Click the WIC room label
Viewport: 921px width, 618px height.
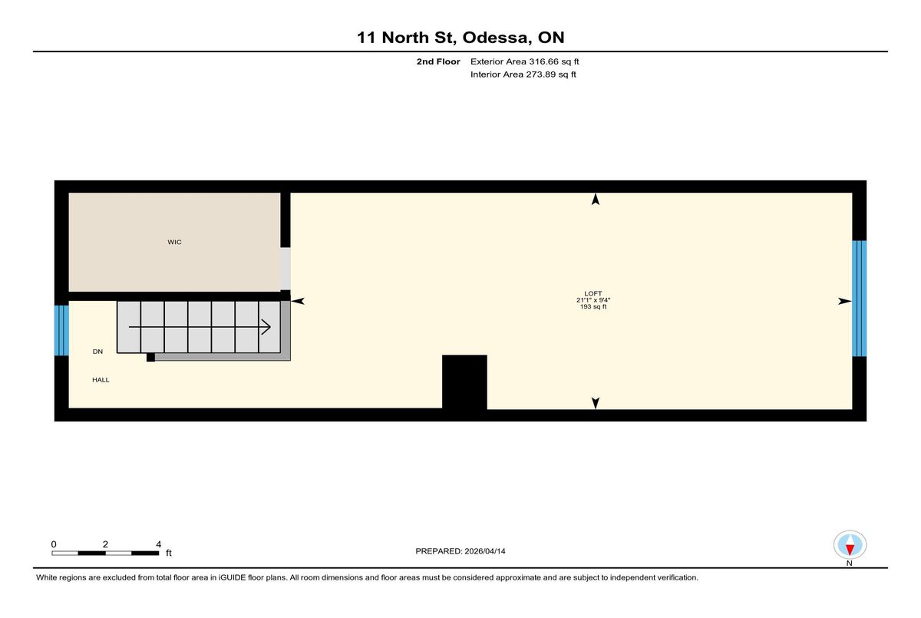pyautogui.click(x=174, y=242)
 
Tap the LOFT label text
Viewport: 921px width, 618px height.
pyautogui.click(x=593, y=293)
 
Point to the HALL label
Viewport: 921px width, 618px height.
pyautogui.click(x=101, y=380)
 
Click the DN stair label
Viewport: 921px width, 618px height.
pyautogui.click(x=97, y=352)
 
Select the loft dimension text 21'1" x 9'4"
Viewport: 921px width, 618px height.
pyautogui.click(x=593, y=300)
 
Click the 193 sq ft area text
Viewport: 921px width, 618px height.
pyautogui.click(x=593, y=307)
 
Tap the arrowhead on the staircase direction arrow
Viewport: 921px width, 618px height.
pyautogui.click(x=267, y=327)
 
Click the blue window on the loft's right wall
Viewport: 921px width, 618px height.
pyautogui.click(x=860, y=299)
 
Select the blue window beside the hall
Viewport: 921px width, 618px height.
pyautogui.click(x=61, y=331)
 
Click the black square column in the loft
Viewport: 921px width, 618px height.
pyautogui.click(x=464, y=382)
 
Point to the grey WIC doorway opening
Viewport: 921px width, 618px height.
pyautogui.click(x=286, y=269)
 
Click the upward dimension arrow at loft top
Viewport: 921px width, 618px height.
pyautogui.click(x=596, y=199)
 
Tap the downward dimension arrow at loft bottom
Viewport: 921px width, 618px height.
pyautogui.click(x=596, y=403)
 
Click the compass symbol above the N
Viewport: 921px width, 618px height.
pyautogui.click(x=850, y=545)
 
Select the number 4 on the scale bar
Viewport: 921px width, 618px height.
pyautogui.click(x=159, y=544)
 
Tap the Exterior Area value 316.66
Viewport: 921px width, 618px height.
pyautogui.click(x=543, y=61)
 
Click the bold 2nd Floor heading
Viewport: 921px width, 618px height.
pyautogui.click(x=438, y=61)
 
